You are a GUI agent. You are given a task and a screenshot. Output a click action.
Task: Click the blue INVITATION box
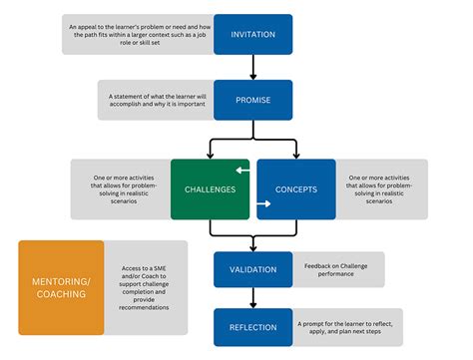tap(252, 34)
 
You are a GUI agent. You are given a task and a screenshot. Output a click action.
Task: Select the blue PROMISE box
tap(252, 101)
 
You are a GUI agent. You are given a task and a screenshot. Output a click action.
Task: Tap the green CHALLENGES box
tap(210, 188)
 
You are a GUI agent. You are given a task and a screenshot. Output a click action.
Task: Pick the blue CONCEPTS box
tap(295, 188)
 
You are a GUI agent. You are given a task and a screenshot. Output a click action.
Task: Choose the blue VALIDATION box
tap(252, 269)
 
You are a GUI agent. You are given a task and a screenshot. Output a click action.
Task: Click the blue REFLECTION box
tap(252, 327)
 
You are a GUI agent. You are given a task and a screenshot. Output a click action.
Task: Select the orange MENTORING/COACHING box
tap(61, 286)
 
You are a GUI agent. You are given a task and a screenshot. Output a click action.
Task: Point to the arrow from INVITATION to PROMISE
tap(252, 68)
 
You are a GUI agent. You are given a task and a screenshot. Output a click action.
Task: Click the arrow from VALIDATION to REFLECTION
tap(252, 297)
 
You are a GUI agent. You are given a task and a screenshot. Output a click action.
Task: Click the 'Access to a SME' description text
tap(146, 286)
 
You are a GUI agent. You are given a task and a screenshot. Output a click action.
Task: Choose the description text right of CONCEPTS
tap(382, 188)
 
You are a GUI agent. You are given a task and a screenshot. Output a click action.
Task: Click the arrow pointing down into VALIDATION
tap(252, 243)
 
